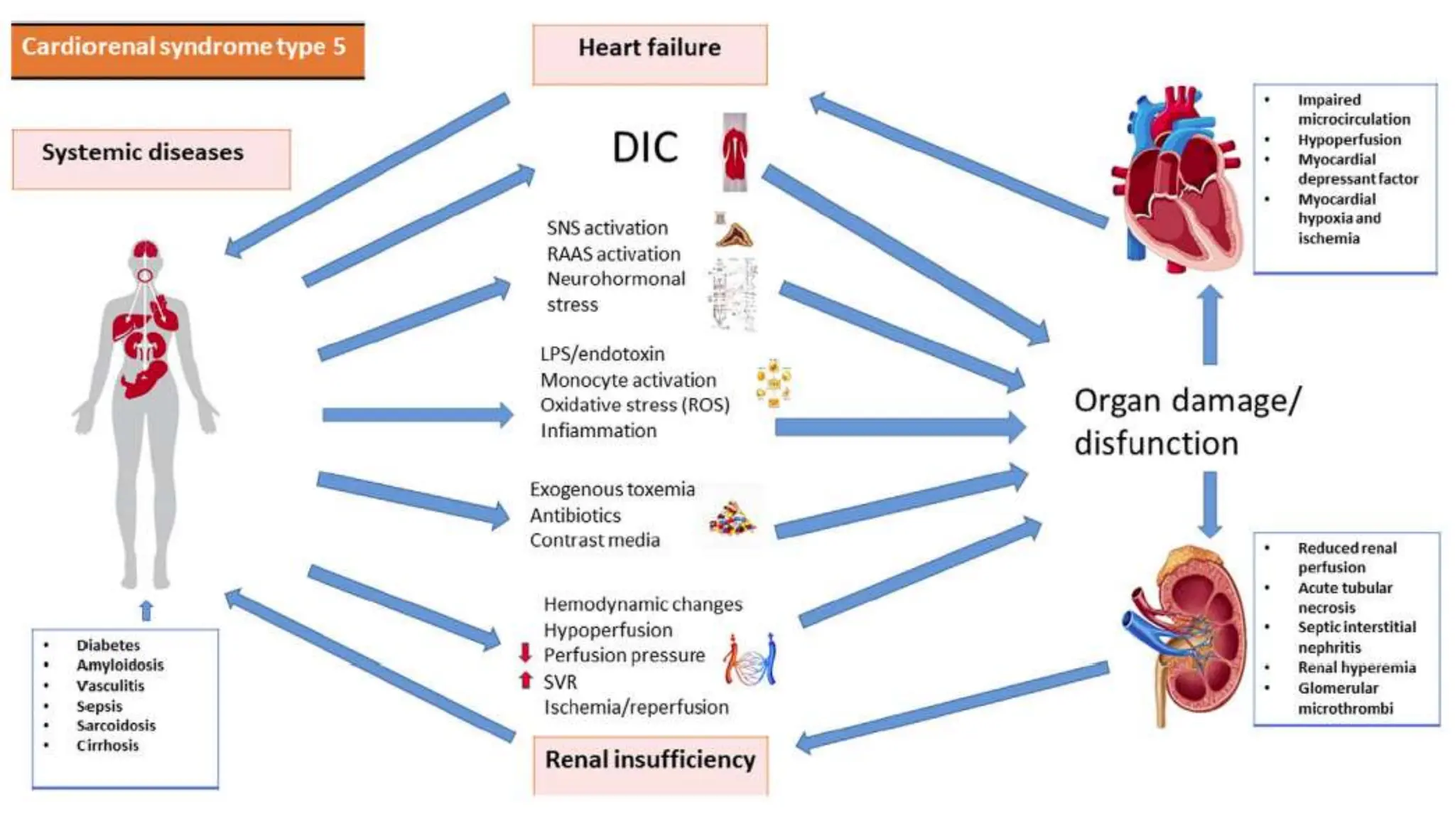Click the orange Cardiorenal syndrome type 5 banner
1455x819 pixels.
click(x=187, y=48)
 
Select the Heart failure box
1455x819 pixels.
click(x=649, y=54)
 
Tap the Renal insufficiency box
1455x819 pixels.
click(x=650, y=764)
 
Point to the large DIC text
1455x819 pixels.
click(x=644, y=148)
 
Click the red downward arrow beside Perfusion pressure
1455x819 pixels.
click(x=525, y=653)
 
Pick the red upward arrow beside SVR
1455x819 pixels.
click(x=525, y=680)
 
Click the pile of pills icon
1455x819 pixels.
click(x=732, y=518)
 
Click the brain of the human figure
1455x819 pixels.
click(x=145, y=250)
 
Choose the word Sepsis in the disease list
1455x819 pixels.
click(x=99, y=706)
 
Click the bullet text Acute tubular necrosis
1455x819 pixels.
click(x=1344, y=597)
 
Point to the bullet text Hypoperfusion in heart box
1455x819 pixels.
click(x=1348, y=139)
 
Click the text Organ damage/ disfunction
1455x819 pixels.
click(x=1186, y=422)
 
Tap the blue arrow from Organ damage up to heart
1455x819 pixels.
click(x=1210, y=325)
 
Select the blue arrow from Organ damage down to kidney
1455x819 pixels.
click(x=1210, y=503)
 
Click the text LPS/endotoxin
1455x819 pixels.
click(x=602, y=353)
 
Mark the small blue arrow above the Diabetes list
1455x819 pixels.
click(x=146, y=610)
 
